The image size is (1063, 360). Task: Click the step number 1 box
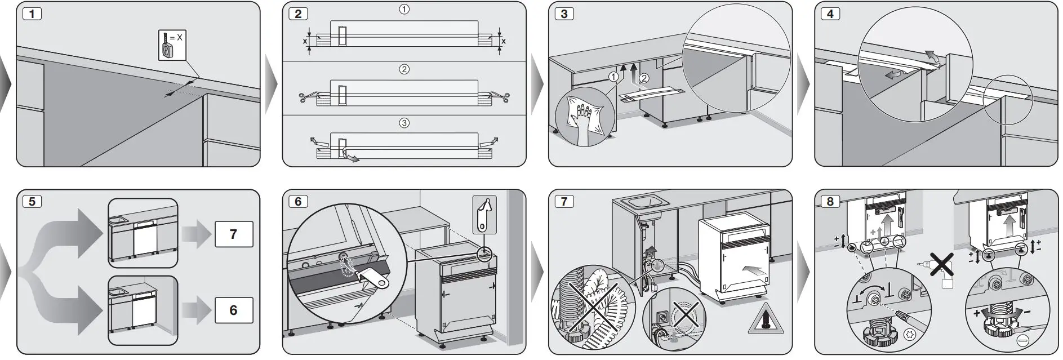coord(33,14)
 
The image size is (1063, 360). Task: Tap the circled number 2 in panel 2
coord(404,70)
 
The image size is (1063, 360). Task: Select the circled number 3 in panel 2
coord(404,123)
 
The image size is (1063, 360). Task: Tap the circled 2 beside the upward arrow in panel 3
coord(644,78)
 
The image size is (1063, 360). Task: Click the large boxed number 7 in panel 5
coord(233,234)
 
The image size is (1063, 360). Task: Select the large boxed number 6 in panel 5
coord(233,310)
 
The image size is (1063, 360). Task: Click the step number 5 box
coord(33,201)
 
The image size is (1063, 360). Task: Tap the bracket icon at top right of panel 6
coord(484,214)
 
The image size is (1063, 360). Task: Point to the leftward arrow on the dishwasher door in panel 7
coord(755,270)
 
